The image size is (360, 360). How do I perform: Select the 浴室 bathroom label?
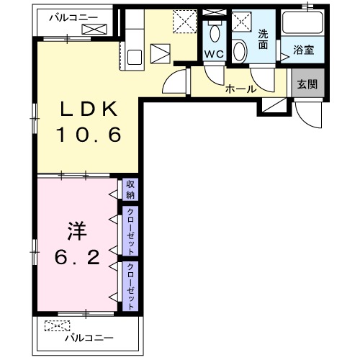coord(302,50)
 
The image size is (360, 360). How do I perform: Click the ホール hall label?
coord(238,90)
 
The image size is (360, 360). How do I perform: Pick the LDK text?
coord(89,109)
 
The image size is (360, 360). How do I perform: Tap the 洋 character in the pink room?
coord(77,232)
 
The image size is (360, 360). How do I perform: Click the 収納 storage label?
coord(130,189)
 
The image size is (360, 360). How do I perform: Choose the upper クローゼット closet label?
coord(130,231)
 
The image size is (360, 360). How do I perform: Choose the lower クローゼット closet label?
coord(130,285)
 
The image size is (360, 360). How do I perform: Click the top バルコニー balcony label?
coord(73,16)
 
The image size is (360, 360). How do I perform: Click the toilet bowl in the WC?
coord(214,32)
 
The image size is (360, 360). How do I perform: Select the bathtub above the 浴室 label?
coord(302,24)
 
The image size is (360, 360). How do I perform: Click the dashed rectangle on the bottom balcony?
coord(54,326)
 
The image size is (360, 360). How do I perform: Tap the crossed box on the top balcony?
coord(94,30)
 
